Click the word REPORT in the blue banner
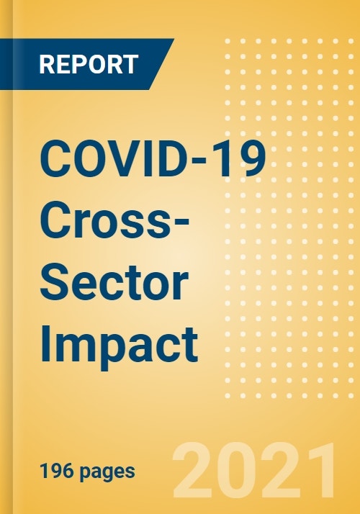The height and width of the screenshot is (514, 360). (x=88, y=64)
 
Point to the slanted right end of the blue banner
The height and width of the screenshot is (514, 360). (x=162, y=64)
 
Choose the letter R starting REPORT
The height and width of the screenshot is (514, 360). (x=47, y=64)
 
